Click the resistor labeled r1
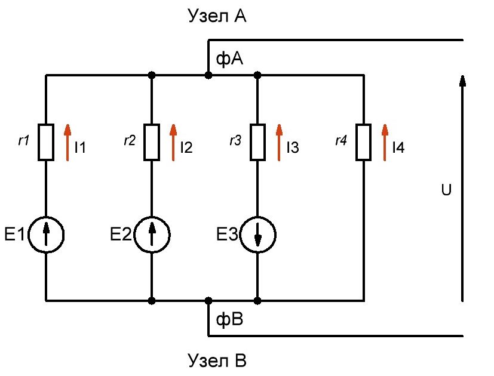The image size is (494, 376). point(46,142)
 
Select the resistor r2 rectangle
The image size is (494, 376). point(152,142)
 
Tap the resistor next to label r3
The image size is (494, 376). point(257,142)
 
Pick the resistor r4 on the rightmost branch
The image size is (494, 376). point(363,142)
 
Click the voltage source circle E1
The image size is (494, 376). point(46,235)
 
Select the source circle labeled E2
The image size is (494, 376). point(152,235)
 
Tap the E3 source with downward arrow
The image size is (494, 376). point(257,235)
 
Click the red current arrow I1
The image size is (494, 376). point(67,142)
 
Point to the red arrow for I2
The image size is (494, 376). point(173,142)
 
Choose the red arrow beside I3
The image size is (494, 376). point(279,142)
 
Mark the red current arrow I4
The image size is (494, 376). point(385,142)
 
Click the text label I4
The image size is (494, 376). point(398,147)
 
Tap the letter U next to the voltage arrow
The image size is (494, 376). point(446,190)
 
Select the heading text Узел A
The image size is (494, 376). point(217,16)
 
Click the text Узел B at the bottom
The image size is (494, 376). point(217,360)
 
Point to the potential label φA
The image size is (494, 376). point(229,58)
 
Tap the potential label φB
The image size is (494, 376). point(229,319)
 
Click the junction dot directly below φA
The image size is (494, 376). point(208,75)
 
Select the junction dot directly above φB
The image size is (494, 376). point(208,301)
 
